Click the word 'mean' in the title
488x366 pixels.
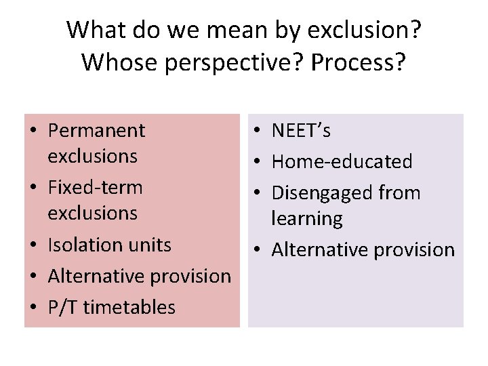point(229,30)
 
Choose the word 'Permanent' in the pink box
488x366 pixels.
point(96,130)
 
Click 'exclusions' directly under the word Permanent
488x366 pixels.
point(92,156)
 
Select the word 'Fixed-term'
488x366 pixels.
point(95,187)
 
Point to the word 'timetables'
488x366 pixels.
point(129,307)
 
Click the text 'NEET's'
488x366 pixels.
point(301,130)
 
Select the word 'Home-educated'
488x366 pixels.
point(342,161)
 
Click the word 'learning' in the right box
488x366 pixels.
point(307,218)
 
